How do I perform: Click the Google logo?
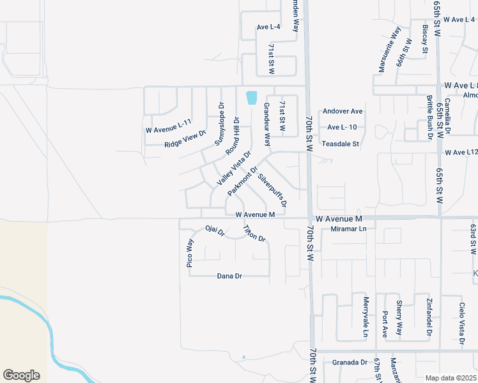[21, 375]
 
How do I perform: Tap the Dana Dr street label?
[229, 276]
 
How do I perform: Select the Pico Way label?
[190, 254]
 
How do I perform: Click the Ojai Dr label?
[215, 230]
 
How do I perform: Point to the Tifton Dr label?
[254, 234]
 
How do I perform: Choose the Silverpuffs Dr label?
[272, 191]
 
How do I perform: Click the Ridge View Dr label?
[185, 139]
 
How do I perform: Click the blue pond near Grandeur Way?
[251, 98]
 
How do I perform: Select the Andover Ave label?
[343, 111]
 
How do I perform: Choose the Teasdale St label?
[341, 144]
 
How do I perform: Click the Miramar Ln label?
[345, 229]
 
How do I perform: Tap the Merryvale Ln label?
[366, 317]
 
